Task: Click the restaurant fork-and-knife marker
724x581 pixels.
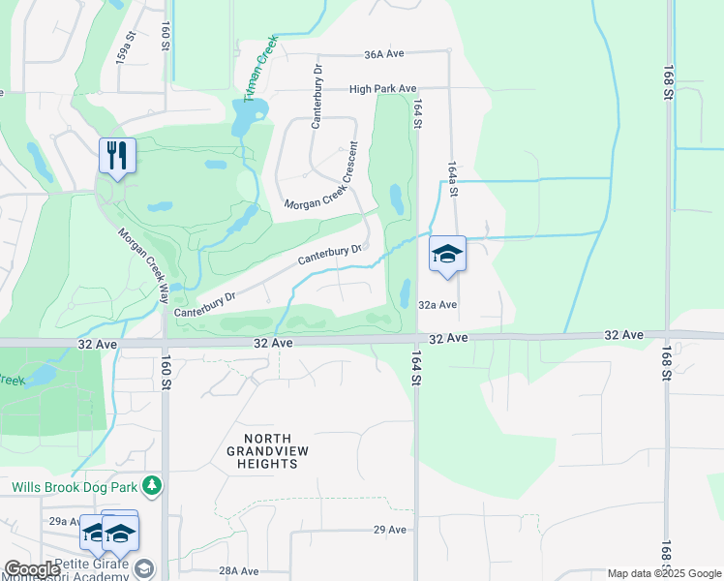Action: point(117,155)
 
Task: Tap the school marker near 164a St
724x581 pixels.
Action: point(447,254)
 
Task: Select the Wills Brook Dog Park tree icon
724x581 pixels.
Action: point(150,483)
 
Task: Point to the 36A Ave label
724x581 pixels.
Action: point(384,54)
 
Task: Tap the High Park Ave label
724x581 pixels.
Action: point(382,88)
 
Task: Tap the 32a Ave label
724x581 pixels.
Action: point(437,304)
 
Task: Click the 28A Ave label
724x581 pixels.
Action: point(239,571)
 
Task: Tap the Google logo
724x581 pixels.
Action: point(32,569)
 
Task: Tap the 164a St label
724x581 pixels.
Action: point(452,180)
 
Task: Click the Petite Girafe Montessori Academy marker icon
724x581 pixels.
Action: point(144,568)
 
